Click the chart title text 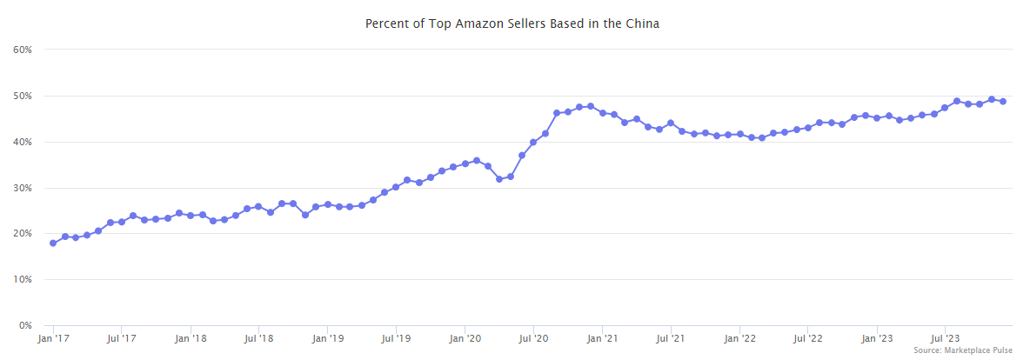512,23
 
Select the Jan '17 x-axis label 53,339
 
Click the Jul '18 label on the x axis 258,339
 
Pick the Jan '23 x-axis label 877,339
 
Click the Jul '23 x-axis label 945,339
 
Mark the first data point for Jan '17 53,243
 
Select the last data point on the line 1003,102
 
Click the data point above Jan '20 465,163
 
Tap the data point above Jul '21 671,123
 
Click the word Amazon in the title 453,23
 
